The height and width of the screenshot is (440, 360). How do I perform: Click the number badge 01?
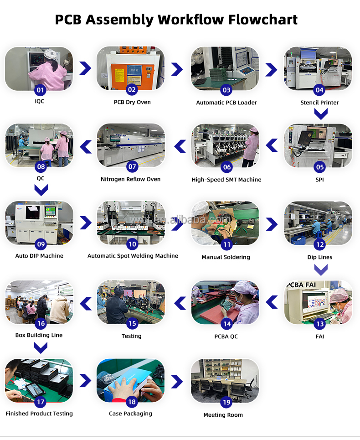pos(41,90)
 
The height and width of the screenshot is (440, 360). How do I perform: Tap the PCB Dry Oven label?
pos(132,102)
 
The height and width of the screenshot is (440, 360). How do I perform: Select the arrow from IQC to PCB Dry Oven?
pos(85,68)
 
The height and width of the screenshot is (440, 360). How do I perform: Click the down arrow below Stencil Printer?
pos(321,114)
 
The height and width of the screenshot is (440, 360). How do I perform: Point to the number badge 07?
pos(132,167)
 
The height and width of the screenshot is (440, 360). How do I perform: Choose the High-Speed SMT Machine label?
pos(226,180)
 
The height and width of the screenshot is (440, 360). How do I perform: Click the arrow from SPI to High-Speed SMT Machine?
pos(272,145)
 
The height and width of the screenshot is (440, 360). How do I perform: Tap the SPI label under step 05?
pos(319,180)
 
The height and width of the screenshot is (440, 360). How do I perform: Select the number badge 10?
pos(132,244)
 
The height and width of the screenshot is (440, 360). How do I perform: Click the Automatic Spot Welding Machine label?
pos(133,256)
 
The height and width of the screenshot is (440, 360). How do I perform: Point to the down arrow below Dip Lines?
pos(321,270)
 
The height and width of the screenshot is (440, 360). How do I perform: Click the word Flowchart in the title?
pos(263,20)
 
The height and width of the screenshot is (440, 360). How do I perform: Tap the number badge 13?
pos(320,324)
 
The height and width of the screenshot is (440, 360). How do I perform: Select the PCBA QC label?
pos(226,336)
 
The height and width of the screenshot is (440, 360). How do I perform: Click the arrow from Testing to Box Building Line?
pos(86,304)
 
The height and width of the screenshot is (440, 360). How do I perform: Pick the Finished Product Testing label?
pos(39,414)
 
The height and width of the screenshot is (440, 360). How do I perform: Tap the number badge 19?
pos(226,403)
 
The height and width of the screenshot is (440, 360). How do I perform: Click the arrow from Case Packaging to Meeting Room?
pos(177,382)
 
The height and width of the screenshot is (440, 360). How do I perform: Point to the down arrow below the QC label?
pos(41,190)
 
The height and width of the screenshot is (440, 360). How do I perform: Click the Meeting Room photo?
pos(225,381)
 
